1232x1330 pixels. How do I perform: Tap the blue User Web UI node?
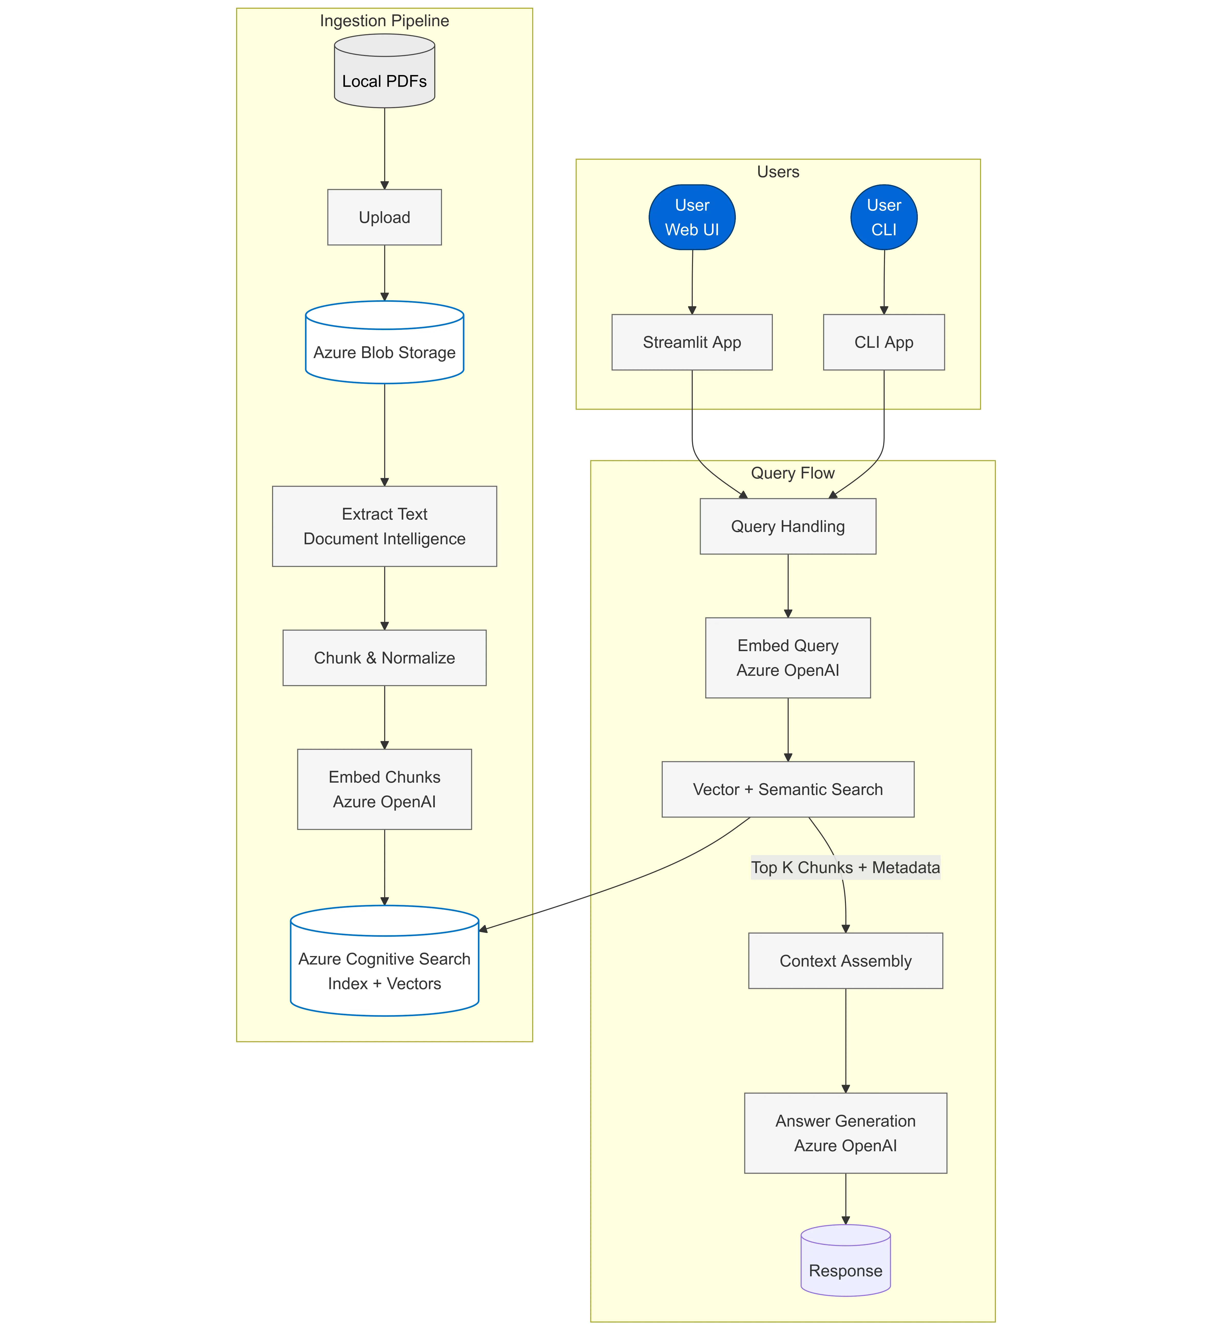tap(692, 218)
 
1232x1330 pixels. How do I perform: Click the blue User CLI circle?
tap(884, 218)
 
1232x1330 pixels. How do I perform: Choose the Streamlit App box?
tap(692, 342)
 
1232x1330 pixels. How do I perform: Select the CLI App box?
tap(884, 342)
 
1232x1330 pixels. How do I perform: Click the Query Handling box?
tap(788, 526)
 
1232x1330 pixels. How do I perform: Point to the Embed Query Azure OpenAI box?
tap(788, 658)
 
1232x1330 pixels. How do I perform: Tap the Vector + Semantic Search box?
tap(788, 789)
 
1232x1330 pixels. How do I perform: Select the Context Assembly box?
tap(845, 960)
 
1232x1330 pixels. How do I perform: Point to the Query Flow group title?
tap(793, 473)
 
